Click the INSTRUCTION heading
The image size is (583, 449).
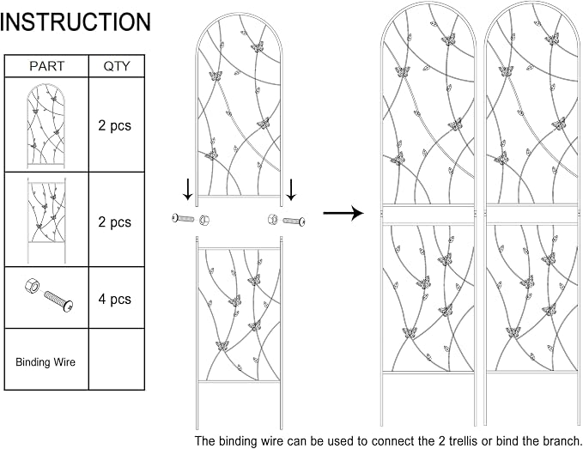tap(76, 21)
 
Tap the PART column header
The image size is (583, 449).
tap(47, 66)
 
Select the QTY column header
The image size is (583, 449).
tap(117, 66)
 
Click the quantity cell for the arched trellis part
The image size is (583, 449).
tap(117, 124)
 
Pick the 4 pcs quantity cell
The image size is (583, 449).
tap(115, 299)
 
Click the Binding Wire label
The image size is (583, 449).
tap(46, 362)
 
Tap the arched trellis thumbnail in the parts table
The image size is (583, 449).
tap(46, 125)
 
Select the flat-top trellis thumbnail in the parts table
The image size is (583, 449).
tap(46, 220)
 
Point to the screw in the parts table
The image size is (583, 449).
tap(58, 301)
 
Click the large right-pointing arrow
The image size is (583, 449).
tap(343, 213)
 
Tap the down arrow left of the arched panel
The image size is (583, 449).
tap(188, 190)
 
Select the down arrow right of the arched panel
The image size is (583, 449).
tap(291, 190)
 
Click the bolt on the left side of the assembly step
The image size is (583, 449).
tap(183, 218)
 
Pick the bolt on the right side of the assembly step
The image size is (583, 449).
tap(295, 221)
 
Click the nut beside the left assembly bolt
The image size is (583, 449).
tap(203, 221)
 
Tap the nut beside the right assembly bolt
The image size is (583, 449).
tap(273, 219)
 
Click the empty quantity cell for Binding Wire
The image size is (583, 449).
tap(117, 359)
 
